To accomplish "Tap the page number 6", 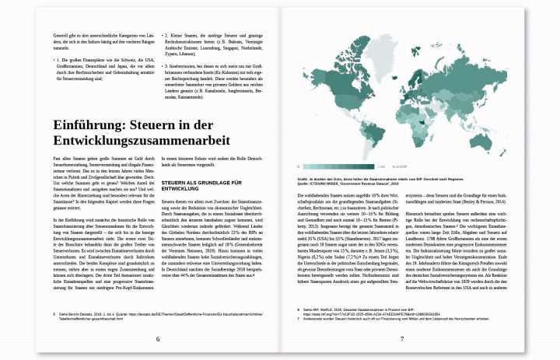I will click(x=157, y=338).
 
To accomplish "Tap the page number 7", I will click(x=401, y=338).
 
